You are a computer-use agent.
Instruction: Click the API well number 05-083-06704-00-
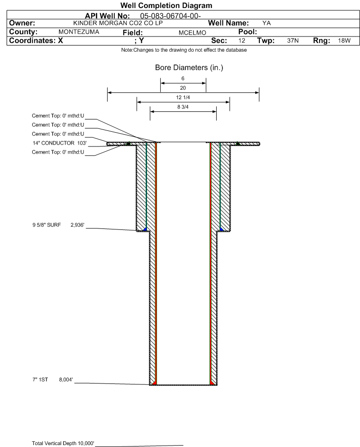click(170, 16)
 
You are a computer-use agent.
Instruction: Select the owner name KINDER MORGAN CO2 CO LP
click(118, 23)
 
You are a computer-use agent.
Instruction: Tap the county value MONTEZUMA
click(79, 32)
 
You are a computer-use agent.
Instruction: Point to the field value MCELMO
click(192, 33)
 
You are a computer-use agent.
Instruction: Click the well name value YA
click(267, 23)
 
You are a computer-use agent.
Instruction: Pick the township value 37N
click(293, 40)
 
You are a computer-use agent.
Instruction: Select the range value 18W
click(344, 40)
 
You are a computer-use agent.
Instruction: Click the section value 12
click(241, 40)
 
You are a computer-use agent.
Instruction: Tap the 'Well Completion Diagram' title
click(166, 5)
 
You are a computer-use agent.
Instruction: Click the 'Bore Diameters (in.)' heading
click(189, 68)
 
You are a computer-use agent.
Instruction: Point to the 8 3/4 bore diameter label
click(183, 107)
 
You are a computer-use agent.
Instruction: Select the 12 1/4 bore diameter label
click(183, 98)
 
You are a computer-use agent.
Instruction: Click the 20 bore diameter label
click(183, 88)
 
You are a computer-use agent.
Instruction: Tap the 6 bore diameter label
click(183, 78)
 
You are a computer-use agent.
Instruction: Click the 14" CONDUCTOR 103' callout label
click(60, 143)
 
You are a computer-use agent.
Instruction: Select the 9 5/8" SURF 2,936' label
click(58, 225)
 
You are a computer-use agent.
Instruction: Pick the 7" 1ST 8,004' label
click(53, 380)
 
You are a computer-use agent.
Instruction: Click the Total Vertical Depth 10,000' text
click(63, 443)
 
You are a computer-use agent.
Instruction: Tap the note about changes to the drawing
click(184, 50)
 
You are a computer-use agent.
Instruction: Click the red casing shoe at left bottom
click(154, 382)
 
